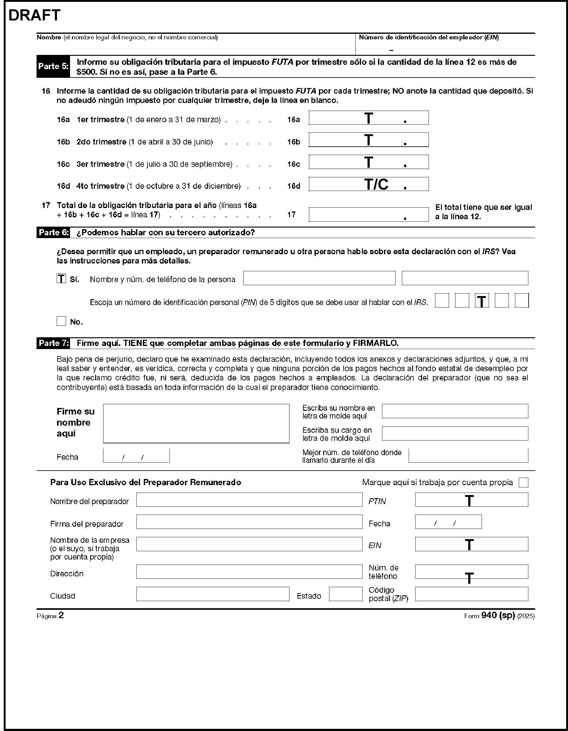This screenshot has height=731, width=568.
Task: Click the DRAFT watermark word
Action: (34, 16)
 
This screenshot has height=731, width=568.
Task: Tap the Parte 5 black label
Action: (53, 66)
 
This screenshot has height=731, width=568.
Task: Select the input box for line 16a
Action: (368, 118)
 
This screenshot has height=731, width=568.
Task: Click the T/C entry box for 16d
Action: (368, 184)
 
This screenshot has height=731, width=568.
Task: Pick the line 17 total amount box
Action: (368, 215)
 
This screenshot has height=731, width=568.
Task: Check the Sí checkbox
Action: (61, 278)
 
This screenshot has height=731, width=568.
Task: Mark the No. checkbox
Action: (61, 321)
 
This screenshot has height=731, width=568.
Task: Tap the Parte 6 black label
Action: (54, 233)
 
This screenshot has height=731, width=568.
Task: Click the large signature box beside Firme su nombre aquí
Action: (196, 423)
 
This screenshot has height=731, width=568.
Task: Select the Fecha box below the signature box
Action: (136, 455)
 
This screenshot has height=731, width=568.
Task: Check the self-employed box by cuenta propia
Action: (523, 482)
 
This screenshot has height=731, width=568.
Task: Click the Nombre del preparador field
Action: (249, 500)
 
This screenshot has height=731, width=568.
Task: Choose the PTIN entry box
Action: (471, 500)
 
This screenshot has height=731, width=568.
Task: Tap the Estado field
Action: (346, 594)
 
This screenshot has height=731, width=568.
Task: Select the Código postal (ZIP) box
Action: (471, 594)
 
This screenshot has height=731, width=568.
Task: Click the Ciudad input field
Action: (212, 594)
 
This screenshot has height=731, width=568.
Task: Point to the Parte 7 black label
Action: (54, 343)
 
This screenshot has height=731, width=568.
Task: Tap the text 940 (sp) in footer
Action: (498, 615)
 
